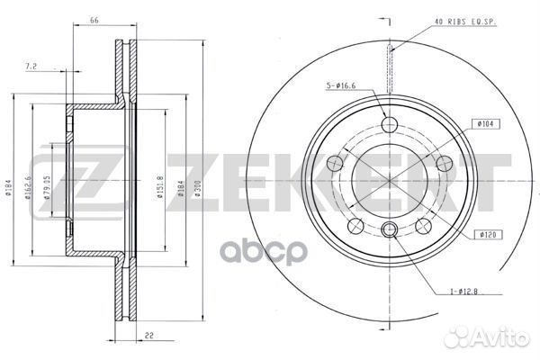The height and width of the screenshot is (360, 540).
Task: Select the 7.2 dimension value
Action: click(56, 67)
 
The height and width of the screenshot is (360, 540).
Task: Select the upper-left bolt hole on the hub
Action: click(336, 163)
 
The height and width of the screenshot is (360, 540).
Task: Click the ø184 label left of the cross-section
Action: click(8, 188)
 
